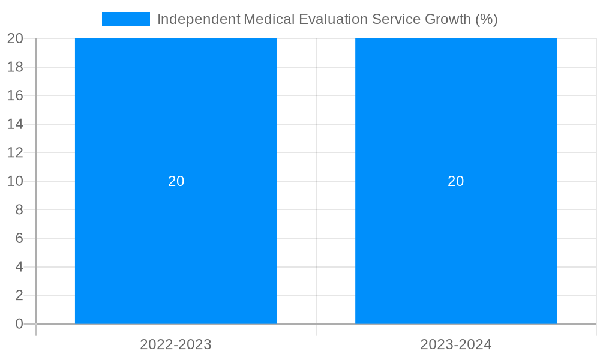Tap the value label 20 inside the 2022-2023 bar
tap(176, 181)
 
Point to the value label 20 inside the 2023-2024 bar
tap(456, 181)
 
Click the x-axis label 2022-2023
tap(176, 345)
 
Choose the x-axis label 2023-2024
tap(456, 345)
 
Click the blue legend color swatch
tap(126, 19)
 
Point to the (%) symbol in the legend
tap(487, 19)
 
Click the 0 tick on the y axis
tap(19, 324)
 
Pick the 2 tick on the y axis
tap(19, 295)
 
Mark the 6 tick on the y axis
tap(19, 238)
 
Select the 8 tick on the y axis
tap(19, 209)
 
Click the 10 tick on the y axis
tap(16, 181)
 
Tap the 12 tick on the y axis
tap(16, 152)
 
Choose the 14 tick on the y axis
tap(16, 124)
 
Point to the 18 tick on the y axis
tap(16, 67)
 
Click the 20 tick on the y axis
tap(16, 38)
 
